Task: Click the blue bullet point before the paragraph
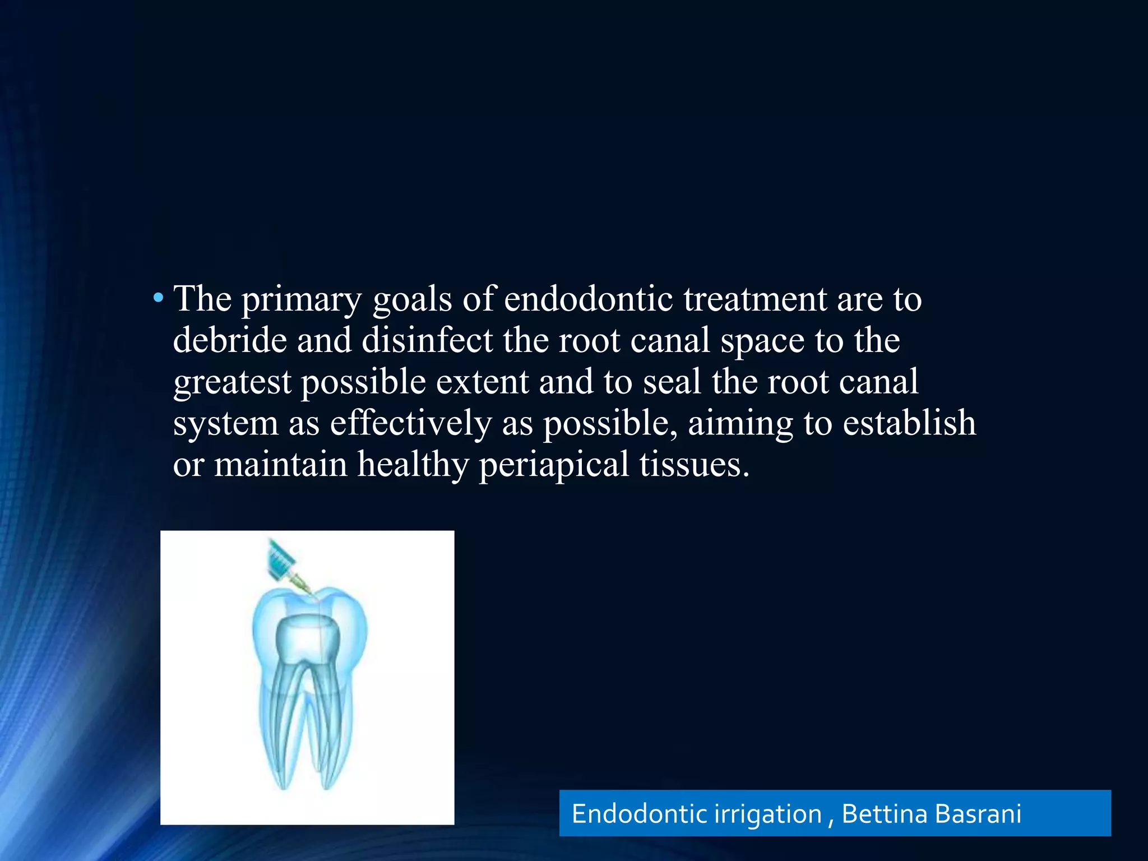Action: [x=159, y=298]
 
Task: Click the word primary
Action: [x=302, y=300]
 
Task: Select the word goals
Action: [x=412, y=300]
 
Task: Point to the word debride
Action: [x=230, y=340]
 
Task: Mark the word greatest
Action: [x=232, y=383]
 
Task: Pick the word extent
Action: [x=482, y=382]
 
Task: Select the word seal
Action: [x=672, y=382]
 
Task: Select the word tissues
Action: [x=694, y=465]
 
